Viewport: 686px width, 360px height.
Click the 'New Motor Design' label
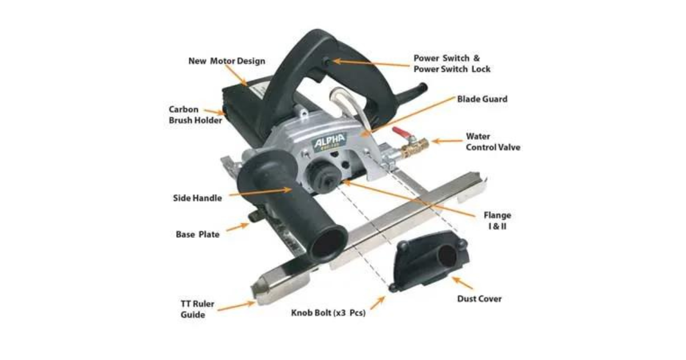(226, 61)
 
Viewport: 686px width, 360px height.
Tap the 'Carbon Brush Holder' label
(196, 115)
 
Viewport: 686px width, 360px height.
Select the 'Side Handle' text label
(197, 198)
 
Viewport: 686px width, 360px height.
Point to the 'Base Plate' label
(198, 234)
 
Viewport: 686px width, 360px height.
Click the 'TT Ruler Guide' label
(197, 309)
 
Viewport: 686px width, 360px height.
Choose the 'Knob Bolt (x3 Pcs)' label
(328, 313)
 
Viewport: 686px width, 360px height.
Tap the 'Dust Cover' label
(479, 299)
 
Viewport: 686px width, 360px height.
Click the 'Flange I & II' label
(497, 221)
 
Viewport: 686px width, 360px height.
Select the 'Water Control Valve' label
(493, 142)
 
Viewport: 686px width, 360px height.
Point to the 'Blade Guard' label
(482, 99)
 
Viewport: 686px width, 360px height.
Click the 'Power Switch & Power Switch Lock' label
(452, 63)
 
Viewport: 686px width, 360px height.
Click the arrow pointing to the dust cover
(462, 283)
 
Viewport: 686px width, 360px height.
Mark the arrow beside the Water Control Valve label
(447, 141)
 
